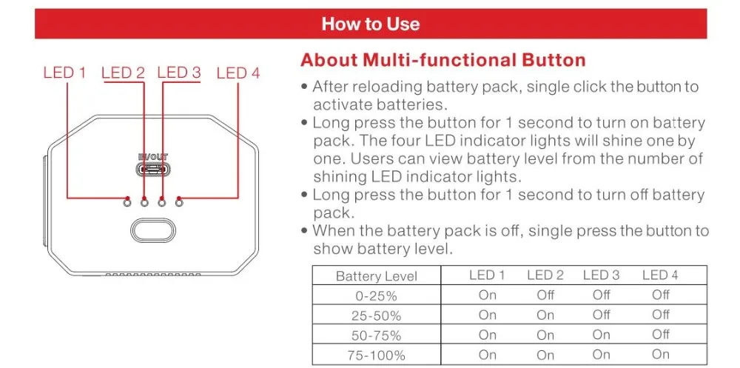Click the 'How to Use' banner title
point(371,24)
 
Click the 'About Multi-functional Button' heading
point(443,60)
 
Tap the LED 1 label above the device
point(64,73)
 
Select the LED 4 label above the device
point(238,73)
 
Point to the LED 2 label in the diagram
point(123,73)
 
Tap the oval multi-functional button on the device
point(153,230)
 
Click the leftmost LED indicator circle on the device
point(126,202)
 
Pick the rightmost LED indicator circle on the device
point(179,202)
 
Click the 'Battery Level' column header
point(376,276)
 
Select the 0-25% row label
point(376,295)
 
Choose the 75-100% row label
point(376,354)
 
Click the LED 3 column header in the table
point(601,275)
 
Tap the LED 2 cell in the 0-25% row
point(545,295)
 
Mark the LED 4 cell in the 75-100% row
point(661,354)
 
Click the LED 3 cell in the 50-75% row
point(601,335)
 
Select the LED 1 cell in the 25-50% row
point(488,315)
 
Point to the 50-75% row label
point(376,335)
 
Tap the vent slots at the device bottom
point(153,274)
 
